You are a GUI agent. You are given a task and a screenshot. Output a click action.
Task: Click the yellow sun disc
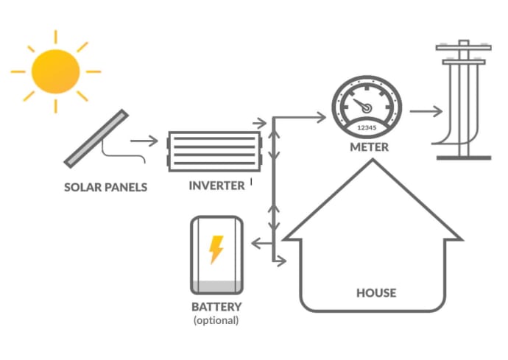point(56,71)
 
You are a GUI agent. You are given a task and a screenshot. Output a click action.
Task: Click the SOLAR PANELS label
point(105,187)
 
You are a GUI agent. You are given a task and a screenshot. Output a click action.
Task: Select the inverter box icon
point(216,151)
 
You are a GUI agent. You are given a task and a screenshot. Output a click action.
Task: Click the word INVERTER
point(216,186)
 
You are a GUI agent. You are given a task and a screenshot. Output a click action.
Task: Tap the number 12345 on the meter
point(366,127)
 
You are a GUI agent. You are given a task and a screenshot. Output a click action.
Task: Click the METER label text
point(368,147)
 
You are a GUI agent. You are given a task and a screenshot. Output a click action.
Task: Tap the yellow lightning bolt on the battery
point(216,250)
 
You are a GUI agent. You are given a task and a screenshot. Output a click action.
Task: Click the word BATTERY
point(216,306)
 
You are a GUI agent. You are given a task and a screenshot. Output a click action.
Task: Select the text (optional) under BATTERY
point(216,320)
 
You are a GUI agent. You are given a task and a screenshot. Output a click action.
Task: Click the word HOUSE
point(375,293)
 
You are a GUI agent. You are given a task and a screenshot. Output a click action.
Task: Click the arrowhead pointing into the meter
point(320,116)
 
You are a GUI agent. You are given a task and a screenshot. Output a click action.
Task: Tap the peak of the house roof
point(373,163)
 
